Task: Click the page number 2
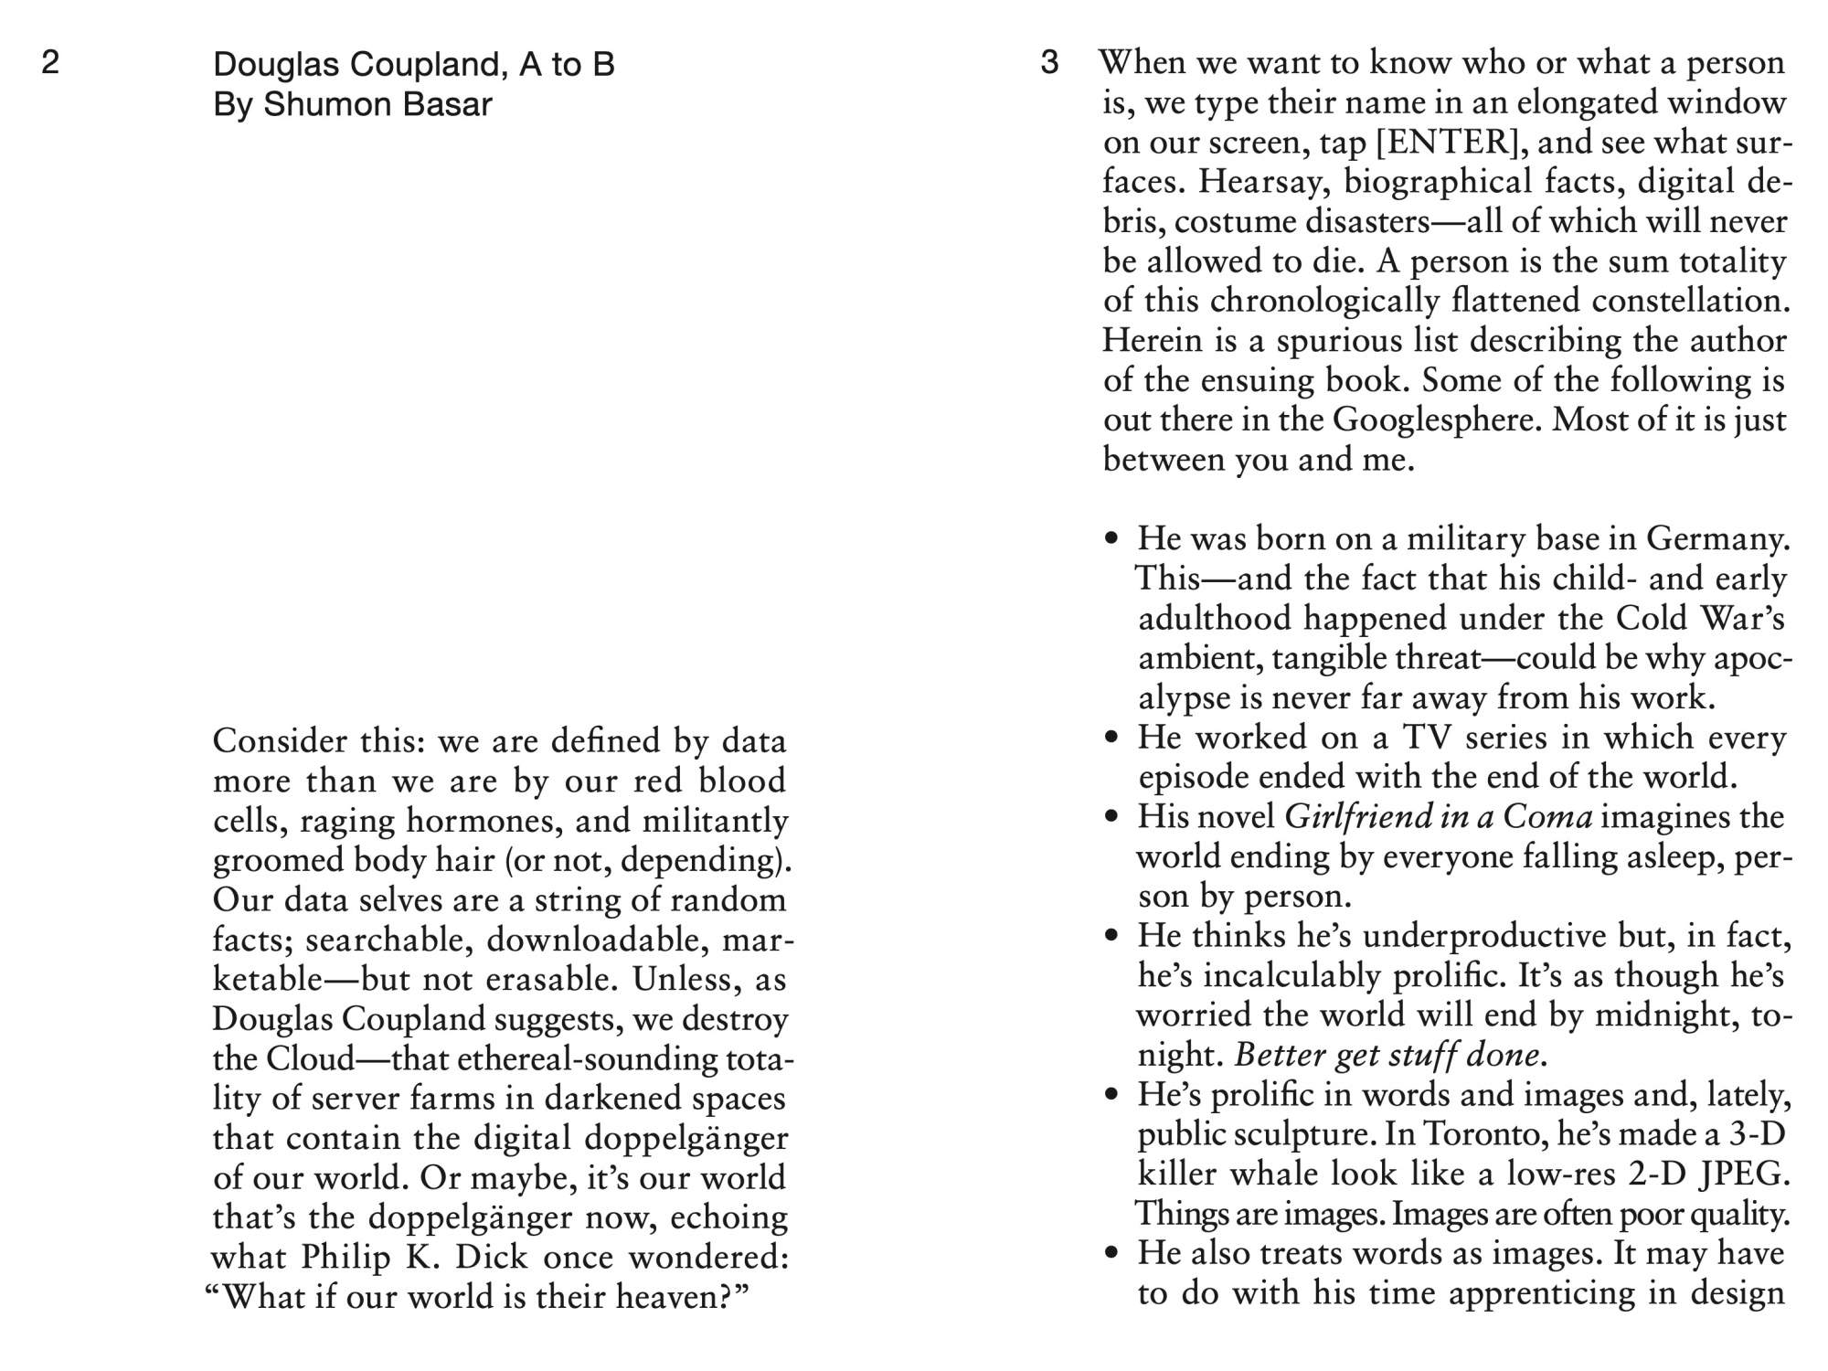(51, 62)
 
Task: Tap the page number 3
(1049, 62)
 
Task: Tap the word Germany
(1718, 539)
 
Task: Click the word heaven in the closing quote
(674, 1297)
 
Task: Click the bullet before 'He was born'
(1111, 539)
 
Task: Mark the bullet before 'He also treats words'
(1111, 1254)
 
